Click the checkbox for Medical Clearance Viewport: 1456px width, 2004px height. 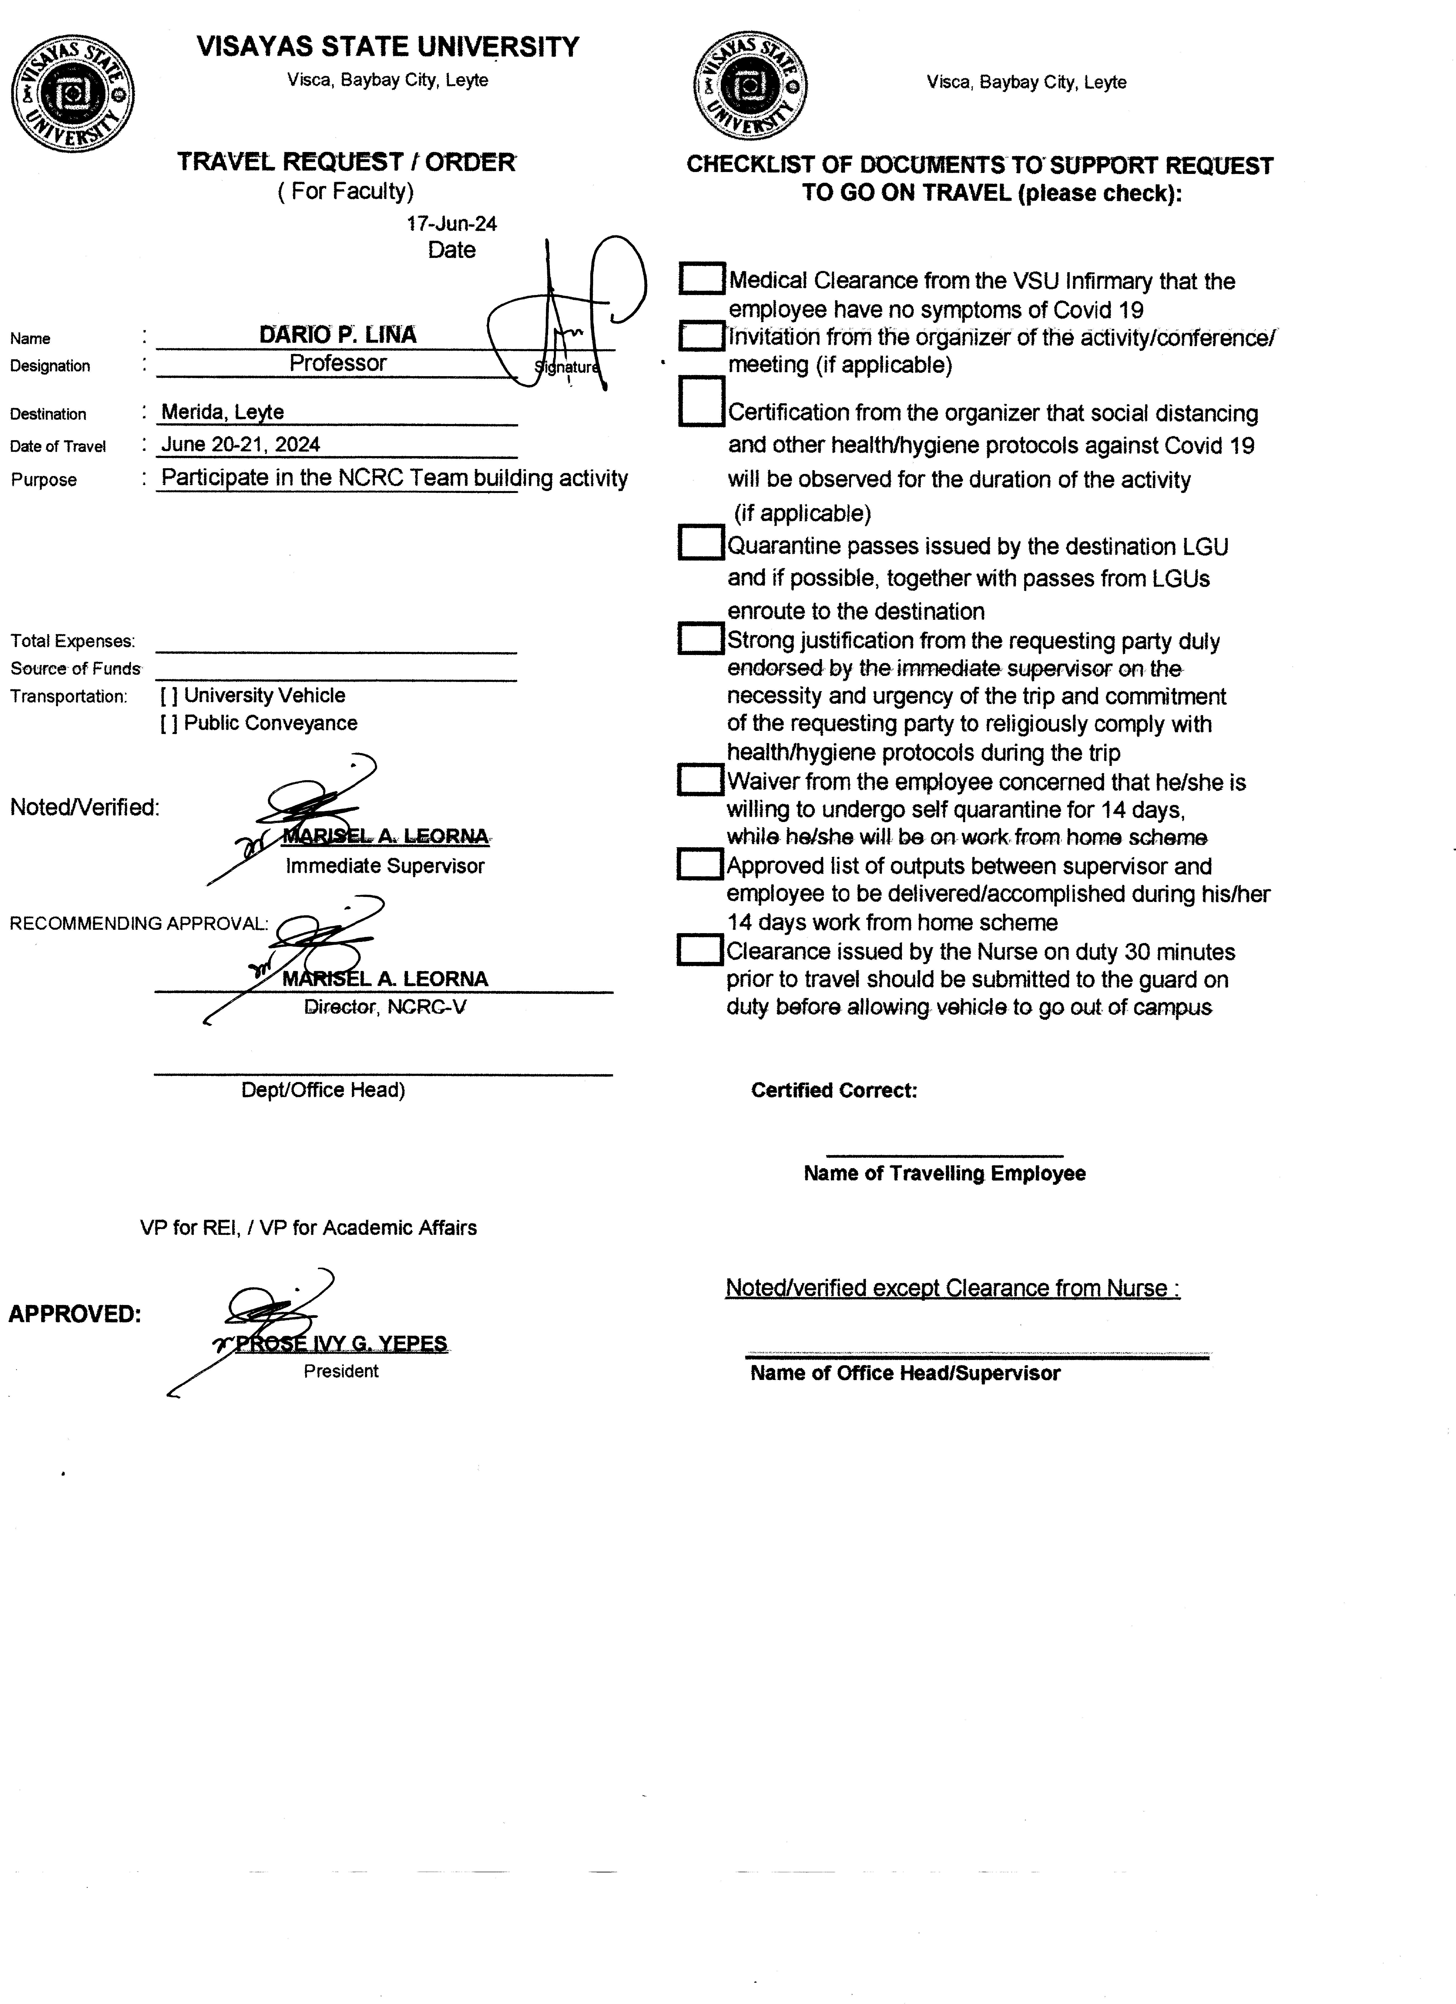point(702,278)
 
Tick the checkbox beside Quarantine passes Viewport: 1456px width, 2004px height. point(701,542)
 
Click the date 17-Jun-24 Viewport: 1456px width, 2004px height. point(452,224)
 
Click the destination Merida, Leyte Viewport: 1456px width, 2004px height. point(223,412)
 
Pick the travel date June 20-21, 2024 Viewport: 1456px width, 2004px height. point(240,444)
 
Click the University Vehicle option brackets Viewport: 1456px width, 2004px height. point(169,696)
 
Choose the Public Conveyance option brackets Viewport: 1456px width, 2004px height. point(169,724)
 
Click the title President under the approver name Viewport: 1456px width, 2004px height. point(341,1371)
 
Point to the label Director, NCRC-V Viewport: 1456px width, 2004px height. point(385,1007)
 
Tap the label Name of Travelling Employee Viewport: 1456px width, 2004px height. point(944,1173)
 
